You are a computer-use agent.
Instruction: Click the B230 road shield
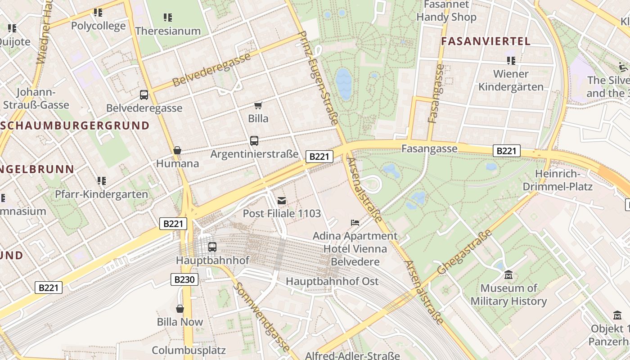(184, 279)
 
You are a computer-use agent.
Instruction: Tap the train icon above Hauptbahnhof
(212, 247)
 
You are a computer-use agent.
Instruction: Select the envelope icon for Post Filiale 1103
(282, 200)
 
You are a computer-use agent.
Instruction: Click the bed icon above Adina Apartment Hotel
(355, 222)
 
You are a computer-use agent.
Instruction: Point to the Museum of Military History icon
(508, 274)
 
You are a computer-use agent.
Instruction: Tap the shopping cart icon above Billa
(258, 105)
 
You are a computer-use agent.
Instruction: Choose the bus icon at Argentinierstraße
(254, 141)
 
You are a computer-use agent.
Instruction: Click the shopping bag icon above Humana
(177, 150)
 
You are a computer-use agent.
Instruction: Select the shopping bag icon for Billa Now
(180, 309)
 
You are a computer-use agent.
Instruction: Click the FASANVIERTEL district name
(486, 41)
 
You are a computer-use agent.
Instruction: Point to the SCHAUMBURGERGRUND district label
(75, 125)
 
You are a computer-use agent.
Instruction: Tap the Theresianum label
(168, 31)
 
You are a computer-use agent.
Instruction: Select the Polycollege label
(98, 26)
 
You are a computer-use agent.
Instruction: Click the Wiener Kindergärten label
(511, 80)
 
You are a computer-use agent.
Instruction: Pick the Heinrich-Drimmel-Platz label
(564, 180)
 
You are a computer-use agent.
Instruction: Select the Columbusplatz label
(189, 350)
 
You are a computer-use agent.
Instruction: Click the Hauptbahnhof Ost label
(333, 281)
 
